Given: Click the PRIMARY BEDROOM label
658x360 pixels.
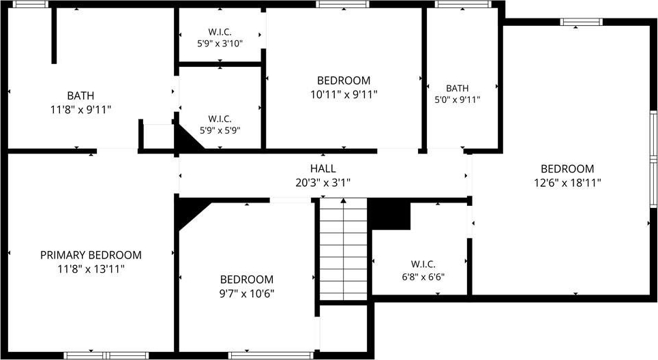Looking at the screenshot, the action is click(x=91, y=255).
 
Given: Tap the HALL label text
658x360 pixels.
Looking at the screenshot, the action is click(x=323, y=168).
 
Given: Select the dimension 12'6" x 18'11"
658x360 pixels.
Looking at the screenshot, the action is click(x=567, y=183).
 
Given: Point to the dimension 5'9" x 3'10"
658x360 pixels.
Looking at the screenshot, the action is click(x=220, y=43).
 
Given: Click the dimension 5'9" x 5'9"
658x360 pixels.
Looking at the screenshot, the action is click(x=220, y=130).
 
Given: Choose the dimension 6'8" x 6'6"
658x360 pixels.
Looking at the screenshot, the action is click(x=423, y=277).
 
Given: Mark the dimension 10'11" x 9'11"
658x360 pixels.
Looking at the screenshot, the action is click(x=344, y=94).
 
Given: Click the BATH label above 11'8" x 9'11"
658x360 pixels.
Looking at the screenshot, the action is click(x=80, y=95).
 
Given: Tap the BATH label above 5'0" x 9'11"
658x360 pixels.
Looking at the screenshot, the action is click(x=458, y=88).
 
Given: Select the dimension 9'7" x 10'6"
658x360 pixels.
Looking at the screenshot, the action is click(x=247, y=293).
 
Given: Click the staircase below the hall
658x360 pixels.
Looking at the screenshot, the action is click(x=344, y=250).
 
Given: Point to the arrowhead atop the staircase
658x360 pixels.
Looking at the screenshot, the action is click(x=343, y=200).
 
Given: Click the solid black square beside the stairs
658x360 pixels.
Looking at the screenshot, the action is click(x=389, y=214).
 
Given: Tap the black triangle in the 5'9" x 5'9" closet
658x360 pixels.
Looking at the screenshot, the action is click(x=187, y=138).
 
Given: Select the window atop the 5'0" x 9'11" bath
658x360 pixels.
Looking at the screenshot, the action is click(x=463, y=4).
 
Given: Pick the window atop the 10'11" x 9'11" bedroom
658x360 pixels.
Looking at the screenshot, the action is click(x=343, y=4).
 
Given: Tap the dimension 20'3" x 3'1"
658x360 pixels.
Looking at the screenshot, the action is click(x=323, y=183).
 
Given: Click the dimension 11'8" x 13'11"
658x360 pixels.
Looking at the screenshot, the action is click(x=91, y=269).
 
